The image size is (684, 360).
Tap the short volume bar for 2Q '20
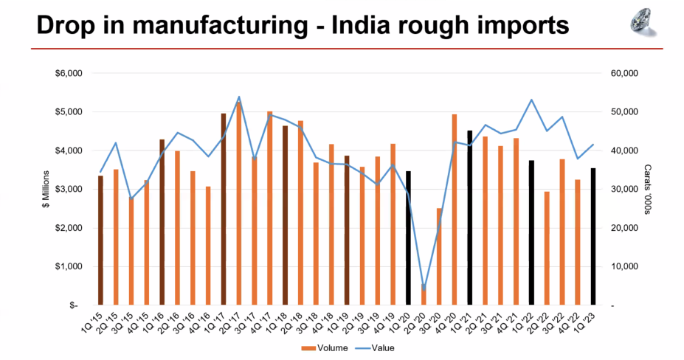(x=424, y=294)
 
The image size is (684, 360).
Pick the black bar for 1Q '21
(x=469, y=218)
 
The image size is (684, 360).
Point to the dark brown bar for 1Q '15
(x=100, y=240)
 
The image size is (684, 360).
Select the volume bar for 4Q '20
(x=455, y=210)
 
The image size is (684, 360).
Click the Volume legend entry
(x=322, y=347)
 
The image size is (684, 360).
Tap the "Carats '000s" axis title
(x=647, y=190)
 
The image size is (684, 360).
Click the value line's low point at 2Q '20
(x=424, y=289)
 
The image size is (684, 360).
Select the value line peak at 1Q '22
(x=531, y=100)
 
